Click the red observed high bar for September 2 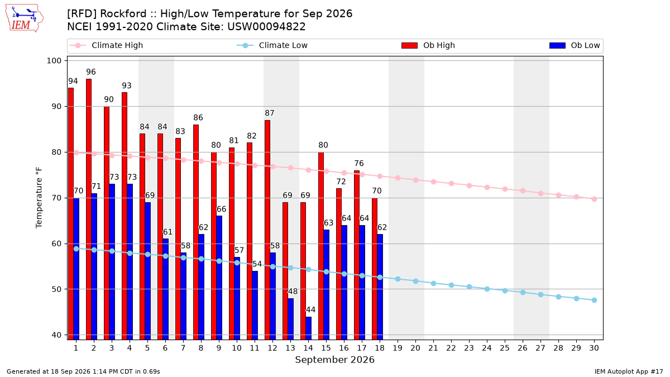(89, 209)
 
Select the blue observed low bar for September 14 (308, 328)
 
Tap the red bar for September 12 (267, 230)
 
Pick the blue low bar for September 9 (219, 278)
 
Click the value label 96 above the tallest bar (91, 72)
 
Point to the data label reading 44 (311, 309)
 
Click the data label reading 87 (270, 113)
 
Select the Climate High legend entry (107, 45)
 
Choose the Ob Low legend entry (575, 45)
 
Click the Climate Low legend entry (272, 45)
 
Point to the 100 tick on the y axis (54, 61)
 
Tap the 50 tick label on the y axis (56, 289)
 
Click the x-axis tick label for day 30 (594, 348)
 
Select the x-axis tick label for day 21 (433, 348)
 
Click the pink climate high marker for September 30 (594, 199)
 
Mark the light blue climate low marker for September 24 (487, 289)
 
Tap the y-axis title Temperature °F (39, 198)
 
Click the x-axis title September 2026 (334, 360)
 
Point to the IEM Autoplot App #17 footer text (629, 371)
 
